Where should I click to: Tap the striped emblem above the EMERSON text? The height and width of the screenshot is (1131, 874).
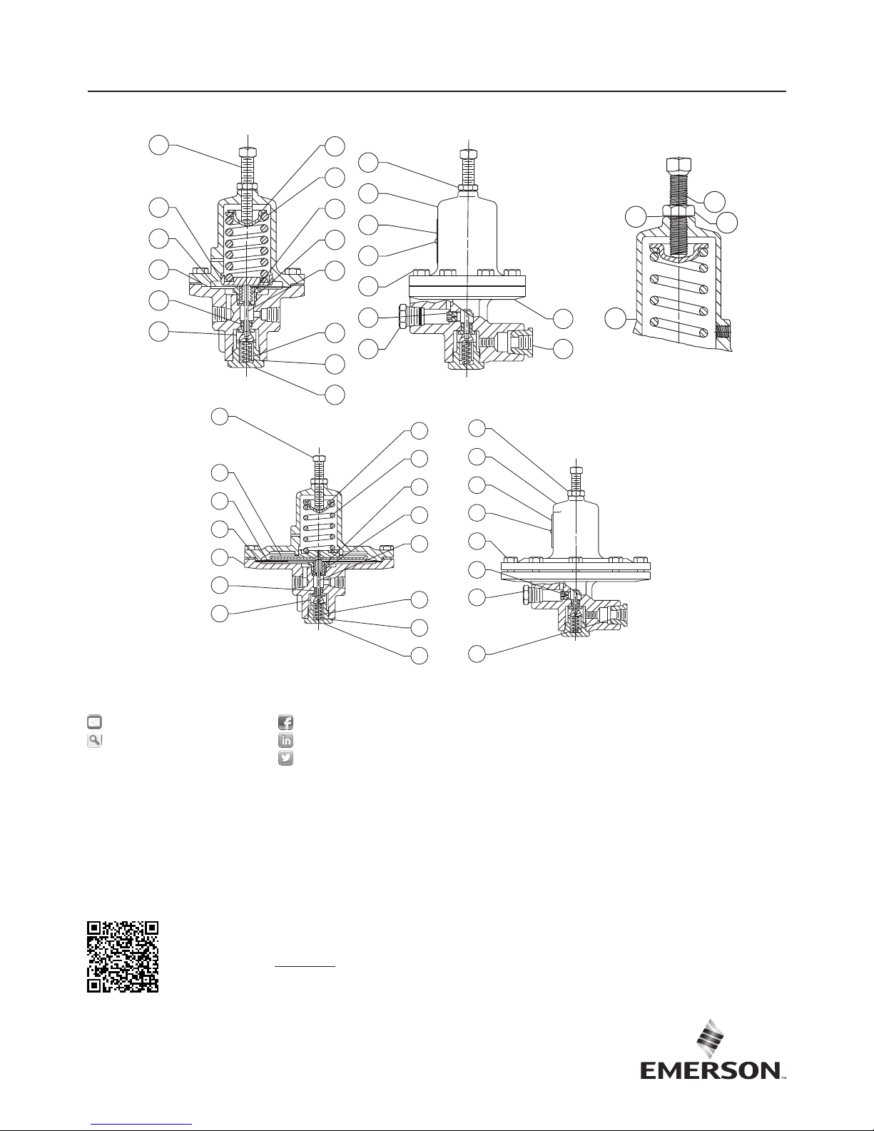710,1038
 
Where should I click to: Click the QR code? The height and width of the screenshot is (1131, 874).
122,957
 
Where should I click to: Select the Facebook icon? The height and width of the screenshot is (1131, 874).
285,722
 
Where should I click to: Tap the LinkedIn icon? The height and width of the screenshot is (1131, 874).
285,740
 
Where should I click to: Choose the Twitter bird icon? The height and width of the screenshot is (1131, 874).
285,759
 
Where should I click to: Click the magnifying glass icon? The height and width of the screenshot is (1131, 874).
94,741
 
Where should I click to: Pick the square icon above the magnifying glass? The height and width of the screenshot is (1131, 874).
94,722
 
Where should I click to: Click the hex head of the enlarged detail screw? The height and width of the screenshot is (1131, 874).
679,166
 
